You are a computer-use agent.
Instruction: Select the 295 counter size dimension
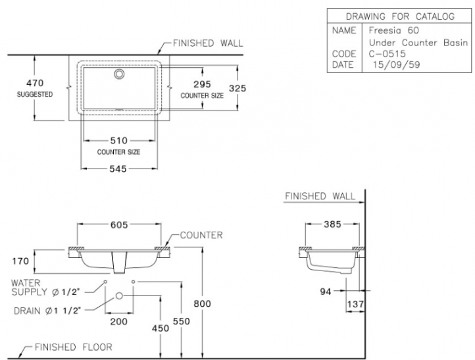pos(202,84)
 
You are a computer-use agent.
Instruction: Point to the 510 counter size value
pos(118,140)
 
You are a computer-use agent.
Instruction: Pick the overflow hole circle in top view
pos(119,75)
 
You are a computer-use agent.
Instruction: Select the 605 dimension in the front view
pos(119,225)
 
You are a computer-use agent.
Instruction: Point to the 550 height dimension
pos(181,321)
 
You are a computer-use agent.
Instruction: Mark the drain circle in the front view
pos(119,296)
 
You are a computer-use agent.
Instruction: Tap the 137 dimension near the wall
pos(357,304)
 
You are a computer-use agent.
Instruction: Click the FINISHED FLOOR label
pos(73,347)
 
